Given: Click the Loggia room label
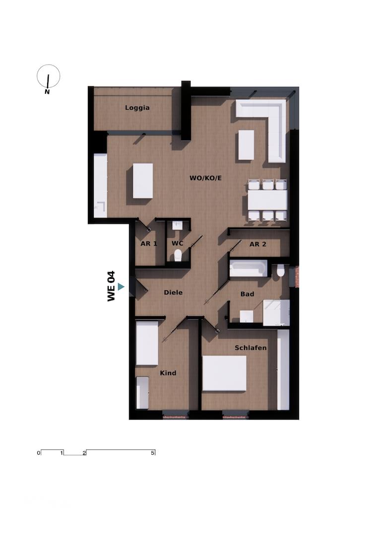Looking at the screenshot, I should pos(137,108).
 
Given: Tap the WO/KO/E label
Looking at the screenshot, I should pos(205,178).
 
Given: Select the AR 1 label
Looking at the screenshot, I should pos(149,244).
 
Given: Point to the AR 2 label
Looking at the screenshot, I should pos(258,244).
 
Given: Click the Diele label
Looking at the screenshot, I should pos(173,292).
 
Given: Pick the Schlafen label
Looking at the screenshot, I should pos(251,348).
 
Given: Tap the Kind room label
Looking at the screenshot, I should pos(168,373).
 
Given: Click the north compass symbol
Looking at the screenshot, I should pos(49,77).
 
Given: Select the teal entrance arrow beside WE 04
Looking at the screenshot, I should pos(121,287).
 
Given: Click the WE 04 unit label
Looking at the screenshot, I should pos(111,286).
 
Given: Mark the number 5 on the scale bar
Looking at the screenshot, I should pos(153,453).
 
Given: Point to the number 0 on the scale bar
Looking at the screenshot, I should pos(38,453).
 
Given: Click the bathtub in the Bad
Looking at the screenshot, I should pos(248,269).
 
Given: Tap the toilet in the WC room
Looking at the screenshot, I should pos(178,255).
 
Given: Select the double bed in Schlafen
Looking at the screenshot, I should pos(224,374).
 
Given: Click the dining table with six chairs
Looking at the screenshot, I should pos(267,200).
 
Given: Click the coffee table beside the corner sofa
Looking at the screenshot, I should pos(246,144).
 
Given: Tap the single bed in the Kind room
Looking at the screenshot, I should pos(147,343).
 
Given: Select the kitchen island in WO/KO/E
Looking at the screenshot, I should pos(143,181).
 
